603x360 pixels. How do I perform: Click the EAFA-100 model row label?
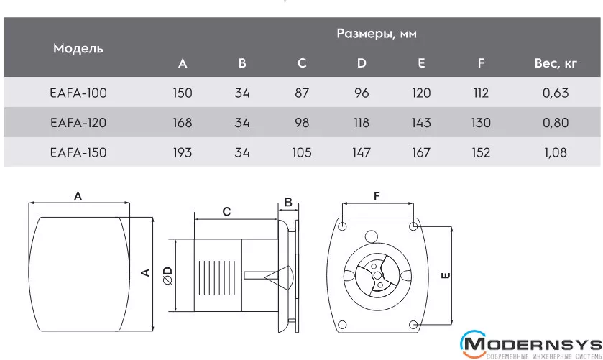tap(78, 93)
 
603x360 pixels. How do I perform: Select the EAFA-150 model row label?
tap(78, 152)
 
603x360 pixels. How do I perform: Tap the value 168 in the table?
tap(183, 123)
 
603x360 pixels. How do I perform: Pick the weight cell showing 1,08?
tap(556, 152)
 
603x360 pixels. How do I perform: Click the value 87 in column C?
tap(302, 93)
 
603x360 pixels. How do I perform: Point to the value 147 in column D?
tap(362, 152)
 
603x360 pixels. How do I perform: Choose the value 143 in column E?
tap(421, 123)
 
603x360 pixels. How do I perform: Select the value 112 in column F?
tap(481, 93)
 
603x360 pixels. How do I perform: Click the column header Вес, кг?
tap(556, 63)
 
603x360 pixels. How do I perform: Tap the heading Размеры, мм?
tap(377, 34)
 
